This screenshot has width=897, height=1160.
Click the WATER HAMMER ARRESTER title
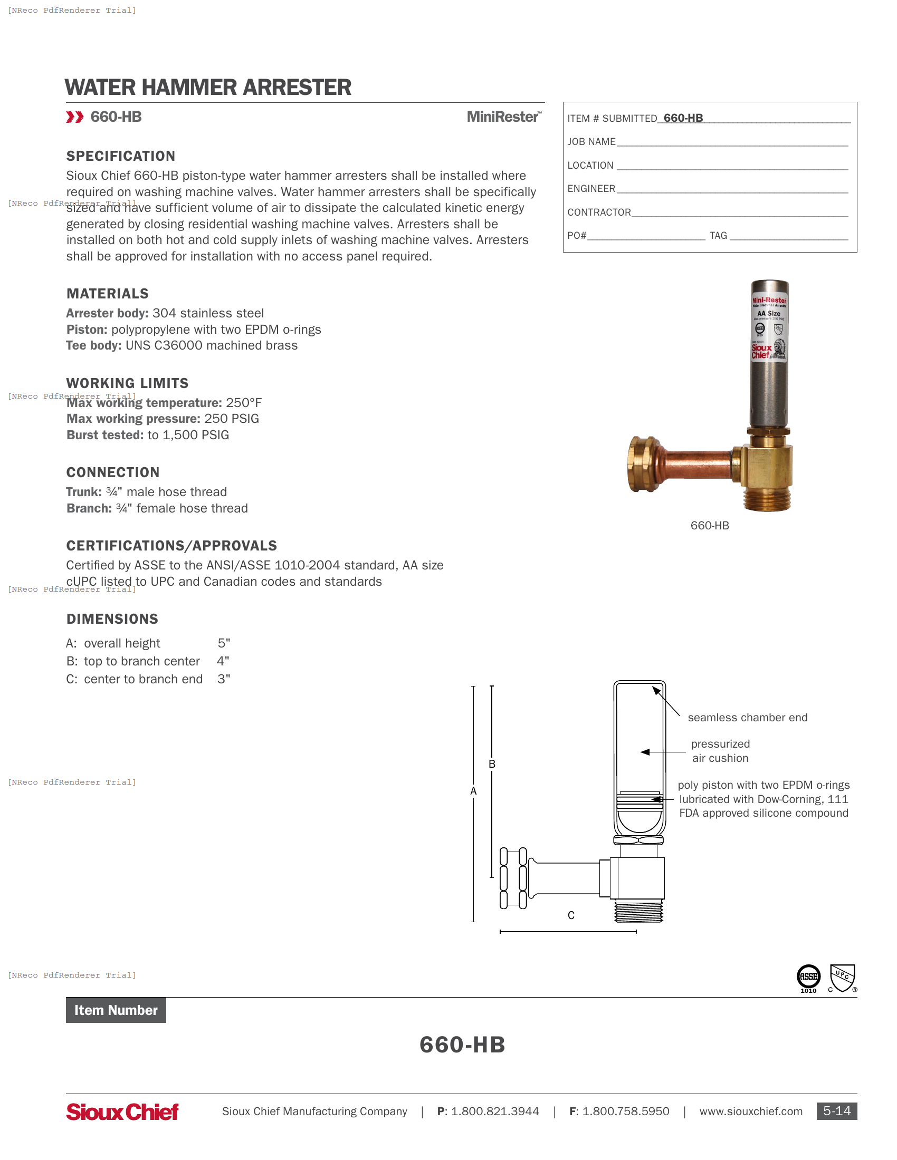coord(208,88)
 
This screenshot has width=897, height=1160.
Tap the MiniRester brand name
coord(503,117)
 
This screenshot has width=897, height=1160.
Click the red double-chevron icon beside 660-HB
coord(74,117)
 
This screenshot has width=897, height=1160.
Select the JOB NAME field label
coord(591,142)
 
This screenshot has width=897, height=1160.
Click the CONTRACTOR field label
coord(599,212)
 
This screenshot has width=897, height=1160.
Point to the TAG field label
coord(718,236)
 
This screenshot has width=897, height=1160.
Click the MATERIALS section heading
coord(107,294)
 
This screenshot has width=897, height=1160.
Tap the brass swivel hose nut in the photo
coord(644,463)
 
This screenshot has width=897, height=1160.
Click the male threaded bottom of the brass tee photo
coord(766,499)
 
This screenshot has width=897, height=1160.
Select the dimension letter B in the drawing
coord(492,764)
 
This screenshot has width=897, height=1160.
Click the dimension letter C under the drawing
coord(571,915)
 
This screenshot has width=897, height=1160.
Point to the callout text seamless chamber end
coord(747,718)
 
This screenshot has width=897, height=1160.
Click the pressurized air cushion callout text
coord(720,751)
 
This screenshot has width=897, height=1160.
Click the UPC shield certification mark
coord(842,978)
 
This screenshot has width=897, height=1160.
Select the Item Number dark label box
coord(116,1010)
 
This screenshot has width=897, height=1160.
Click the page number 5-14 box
coord(836,1111)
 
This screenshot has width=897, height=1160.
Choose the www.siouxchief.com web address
coord(750,1111)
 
